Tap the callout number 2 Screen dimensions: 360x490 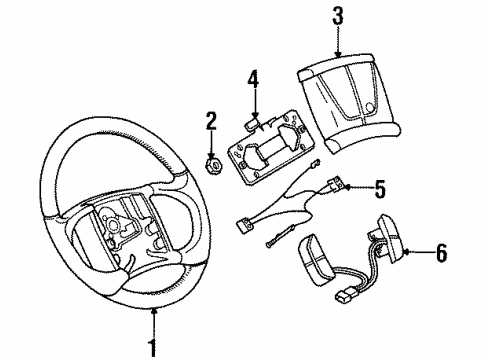[x=211, y=122]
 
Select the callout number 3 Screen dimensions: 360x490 [x=339, y=16]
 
